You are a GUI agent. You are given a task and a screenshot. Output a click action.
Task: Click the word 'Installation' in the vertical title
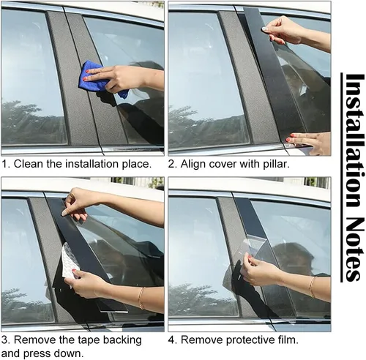353,140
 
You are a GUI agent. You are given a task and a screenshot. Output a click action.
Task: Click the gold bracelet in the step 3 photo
141,298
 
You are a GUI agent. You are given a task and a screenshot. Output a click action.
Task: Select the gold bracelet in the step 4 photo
312,287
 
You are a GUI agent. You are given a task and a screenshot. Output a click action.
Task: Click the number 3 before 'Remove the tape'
5,340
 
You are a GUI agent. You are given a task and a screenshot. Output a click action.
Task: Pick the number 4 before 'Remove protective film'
172,340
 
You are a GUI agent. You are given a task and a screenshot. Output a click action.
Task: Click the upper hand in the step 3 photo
81,203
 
